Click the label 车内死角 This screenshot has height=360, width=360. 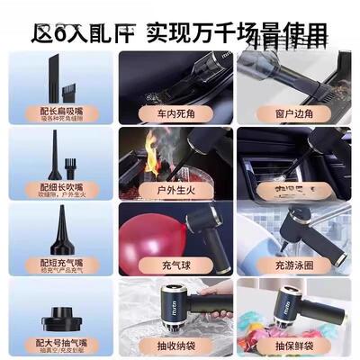click(177, 115)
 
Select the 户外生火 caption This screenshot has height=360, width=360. click(177, 192)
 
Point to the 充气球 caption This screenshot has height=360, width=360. click(177, 268)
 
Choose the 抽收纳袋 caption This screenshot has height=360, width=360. click(177, 345)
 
